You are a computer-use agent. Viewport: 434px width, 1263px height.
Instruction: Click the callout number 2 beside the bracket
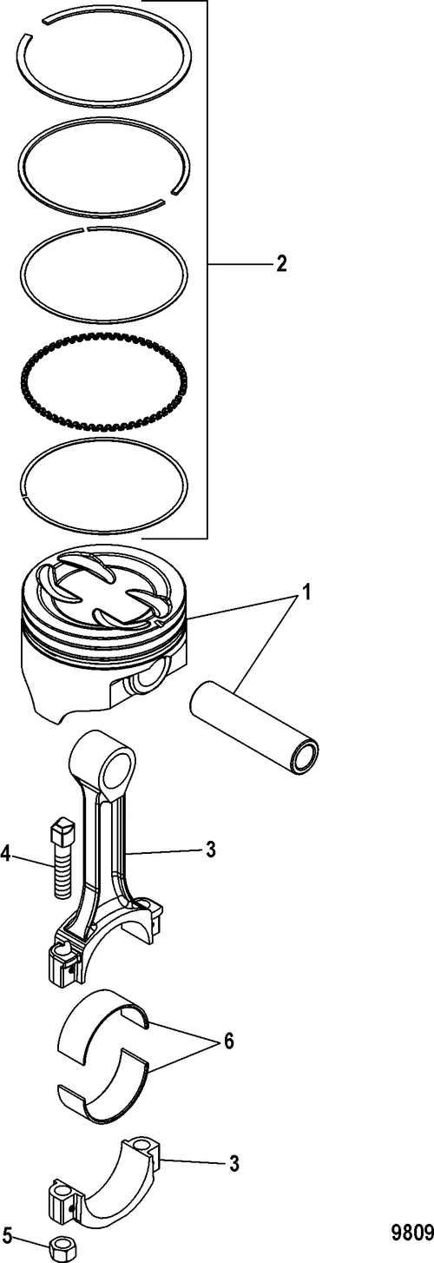point(280,264)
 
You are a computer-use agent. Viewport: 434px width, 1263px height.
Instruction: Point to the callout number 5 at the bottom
point(6,1235)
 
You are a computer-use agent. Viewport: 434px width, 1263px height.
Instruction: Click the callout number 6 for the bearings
point(227,1041)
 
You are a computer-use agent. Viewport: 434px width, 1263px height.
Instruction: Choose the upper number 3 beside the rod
point(210,850)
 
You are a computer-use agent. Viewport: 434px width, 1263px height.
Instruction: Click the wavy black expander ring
point(104,381)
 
